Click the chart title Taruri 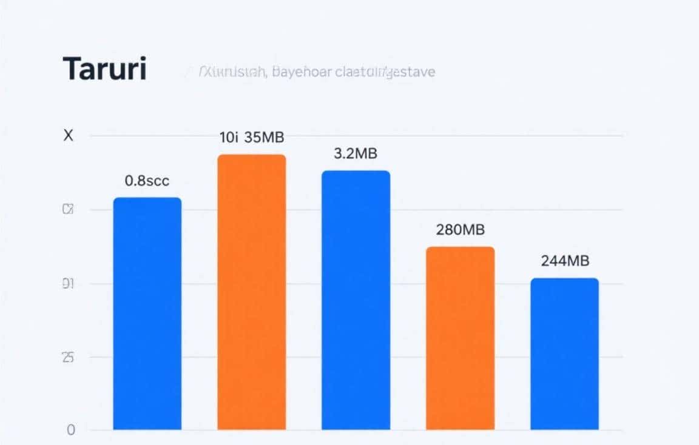click(x=104, y=69)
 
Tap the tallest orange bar click(x=251, y=292)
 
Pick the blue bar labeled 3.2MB click(x=356, y=299)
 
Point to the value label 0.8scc click(x=147, y=180)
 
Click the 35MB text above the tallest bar click(x=264, y=138)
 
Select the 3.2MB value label click(x=356, y=154)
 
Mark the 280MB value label click(x=460, y=230)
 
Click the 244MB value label click(x=564, y=261)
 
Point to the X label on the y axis click(x=68, y=136)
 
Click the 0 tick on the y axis click(x=71, y=430)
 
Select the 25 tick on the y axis click(x=68, y=357)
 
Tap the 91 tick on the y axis click(x=68, y=284)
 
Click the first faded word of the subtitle click(x=232, y=72)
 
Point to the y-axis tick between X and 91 click(x=68, y=210)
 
